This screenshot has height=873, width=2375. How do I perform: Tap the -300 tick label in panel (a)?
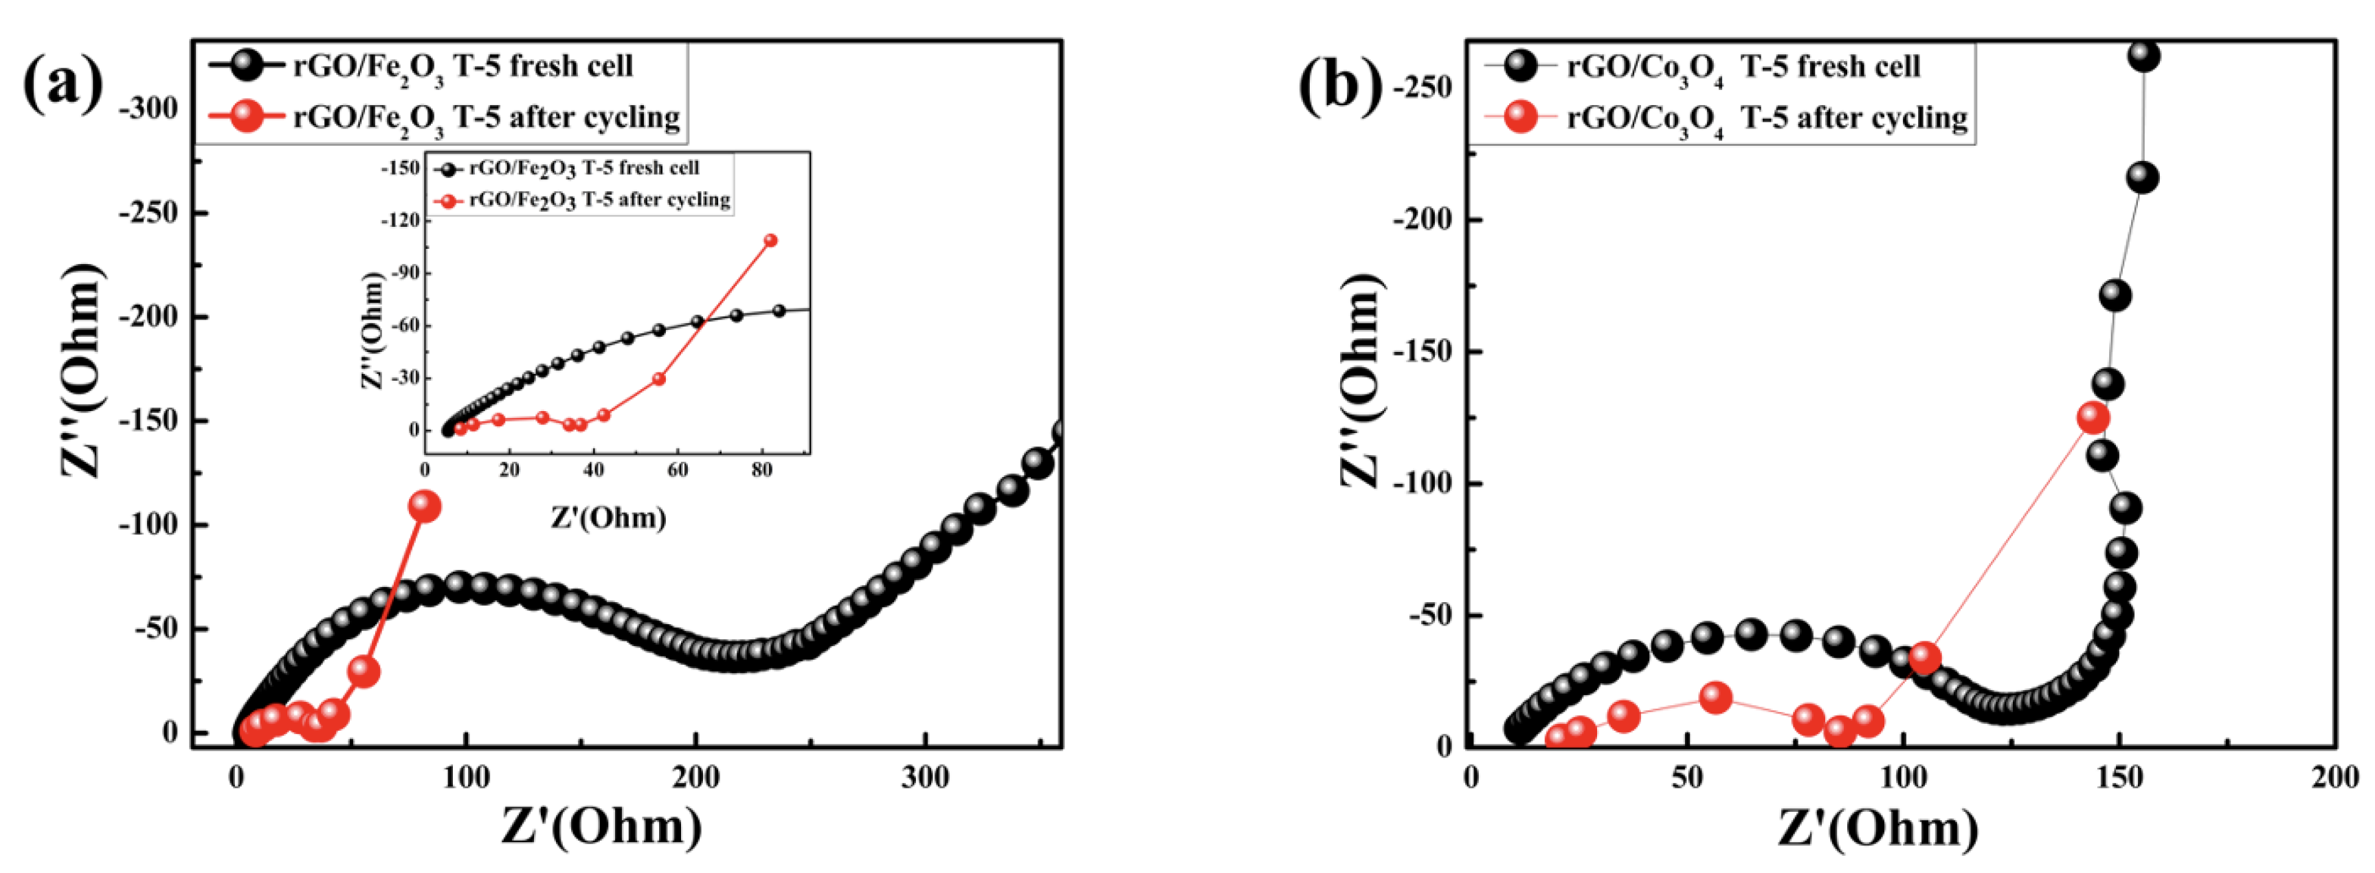coord(148,109)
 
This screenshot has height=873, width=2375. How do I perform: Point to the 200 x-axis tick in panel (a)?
coord(695,777)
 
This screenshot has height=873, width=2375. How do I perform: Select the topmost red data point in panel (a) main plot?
coord(425,506)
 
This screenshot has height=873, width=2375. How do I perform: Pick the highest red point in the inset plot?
coord(771,241)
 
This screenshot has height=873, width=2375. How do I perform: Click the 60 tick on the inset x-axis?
coord(678,470)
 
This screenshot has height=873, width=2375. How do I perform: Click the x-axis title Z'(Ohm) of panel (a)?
coord(601,827)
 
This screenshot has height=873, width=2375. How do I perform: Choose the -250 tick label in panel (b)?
coord(1423,87)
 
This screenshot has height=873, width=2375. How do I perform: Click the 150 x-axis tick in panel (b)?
coord(2119,777)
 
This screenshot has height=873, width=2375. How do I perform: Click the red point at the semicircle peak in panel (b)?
coord(1715,697)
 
